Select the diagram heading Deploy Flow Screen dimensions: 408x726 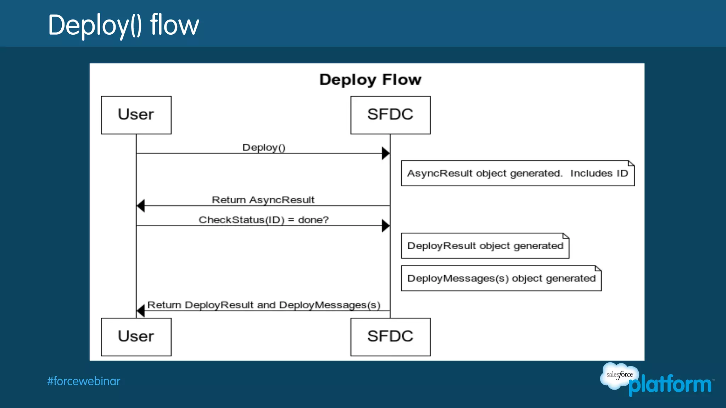tap(370, 80)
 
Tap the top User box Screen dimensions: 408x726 tap(136, 115)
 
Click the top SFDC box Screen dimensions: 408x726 tap(390, 115)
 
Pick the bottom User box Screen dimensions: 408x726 tap(136, 336)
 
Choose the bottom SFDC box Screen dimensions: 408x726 tap(390, 336)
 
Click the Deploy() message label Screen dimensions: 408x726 tap(264, 147)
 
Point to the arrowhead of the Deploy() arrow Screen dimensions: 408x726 tap(386, 153)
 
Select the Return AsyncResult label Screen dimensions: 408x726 tap(263, 200)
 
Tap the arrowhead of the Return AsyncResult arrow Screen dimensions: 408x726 tap(141, 205)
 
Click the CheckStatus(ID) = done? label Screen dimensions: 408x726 tap(264, 220)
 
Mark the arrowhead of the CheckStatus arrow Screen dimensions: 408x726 tap(386, 226)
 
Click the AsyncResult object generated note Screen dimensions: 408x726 tap(518, 173)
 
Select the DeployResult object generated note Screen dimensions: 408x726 tap(485, 246)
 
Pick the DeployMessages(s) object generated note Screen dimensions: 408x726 tap(501, 278)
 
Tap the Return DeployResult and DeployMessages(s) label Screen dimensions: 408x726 tap(264, 305)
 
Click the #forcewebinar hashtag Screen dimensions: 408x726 tap(84, 381)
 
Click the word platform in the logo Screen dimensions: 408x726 tap(670, 385)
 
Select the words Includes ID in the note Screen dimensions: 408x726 tap(599, 173)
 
